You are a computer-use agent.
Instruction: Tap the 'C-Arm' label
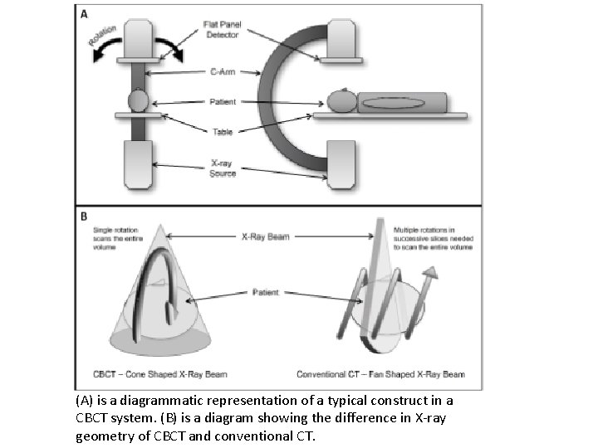coord(222,73)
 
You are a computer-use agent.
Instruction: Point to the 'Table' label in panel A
coord(222,130)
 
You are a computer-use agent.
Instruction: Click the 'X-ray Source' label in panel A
coord(222,168)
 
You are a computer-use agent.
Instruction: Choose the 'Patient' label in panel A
coord(222,102)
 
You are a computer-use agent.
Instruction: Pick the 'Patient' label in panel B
coord(266,292)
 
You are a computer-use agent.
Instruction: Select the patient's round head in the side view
coord(341,103)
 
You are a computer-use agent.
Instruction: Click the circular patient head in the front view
coord(139,102)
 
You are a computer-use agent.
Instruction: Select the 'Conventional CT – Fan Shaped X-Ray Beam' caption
coord(380,374)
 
